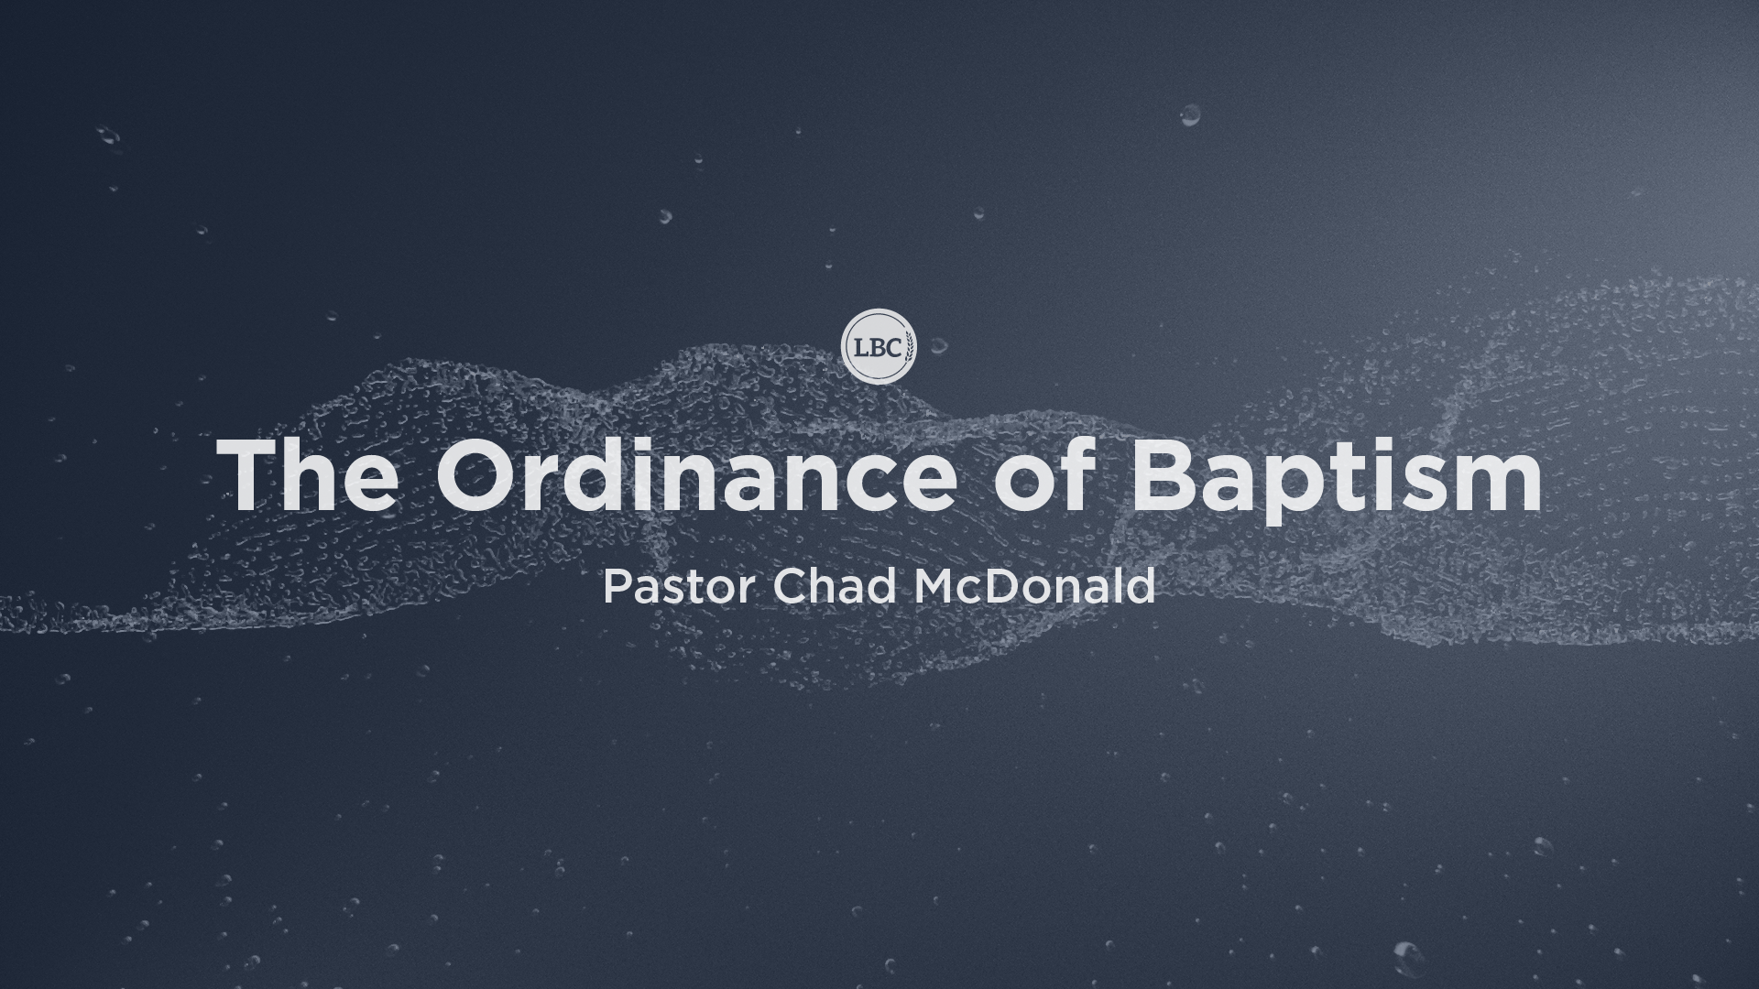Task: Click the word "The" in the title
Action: click(x=308, y=474)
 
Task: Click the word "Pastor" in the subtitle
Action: click(x=678, y=587)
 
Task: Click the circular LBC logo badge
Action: click(x=879, y=345)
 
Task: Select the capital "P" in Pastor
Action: click(x=616, y=588)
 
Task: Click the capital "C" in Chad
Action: click(x=789, y=588)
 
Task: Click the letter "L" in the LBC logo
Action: click(x=860, y=346)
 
